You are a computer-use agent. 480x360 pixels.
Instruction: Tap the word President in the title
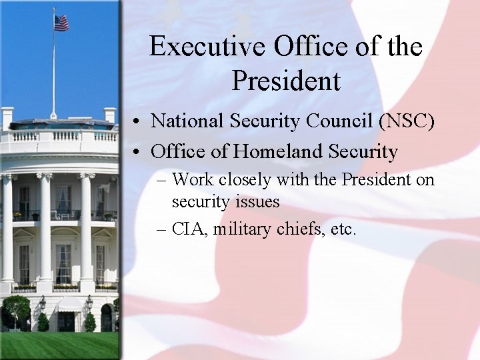(x=286, y=81)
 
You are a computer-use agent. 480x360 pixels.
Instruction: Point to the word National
(x=183, y=121)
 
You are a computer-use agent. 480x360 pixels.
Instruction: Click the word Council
(x=332, y=121)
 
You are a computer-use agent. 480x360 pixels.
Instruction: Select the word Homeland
(x=279, y=152)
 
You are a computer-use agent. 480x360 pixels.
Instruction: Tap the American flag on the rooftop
(x=61, y=23)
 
